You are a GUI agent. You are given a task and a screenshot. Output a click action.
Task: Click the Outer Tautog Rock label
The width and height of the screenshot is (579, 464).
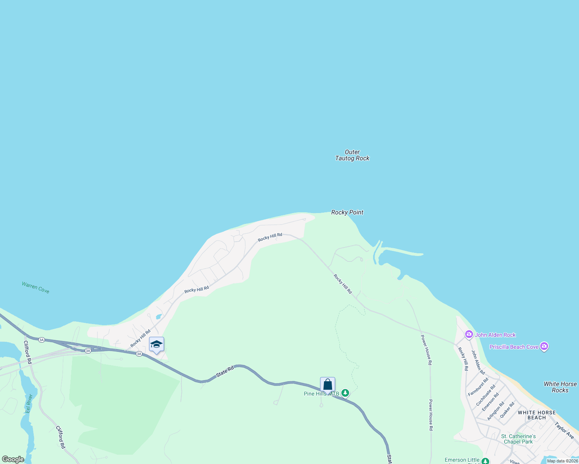[352, 155]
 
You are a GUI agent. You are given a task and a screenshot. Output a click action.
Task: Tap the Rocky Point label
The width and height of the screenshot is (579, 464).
[347, 212]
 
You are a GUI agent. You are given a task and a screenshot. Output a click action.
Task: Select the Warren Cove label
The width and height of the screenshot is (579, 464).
[36, 288]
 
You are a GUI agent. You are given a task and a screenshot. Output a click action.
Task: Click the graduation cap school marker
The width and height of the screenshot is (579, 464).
[156, 344]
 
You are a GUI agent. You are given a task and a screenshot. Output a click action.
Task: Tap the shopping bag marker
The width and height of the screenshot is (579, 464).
[327, 385]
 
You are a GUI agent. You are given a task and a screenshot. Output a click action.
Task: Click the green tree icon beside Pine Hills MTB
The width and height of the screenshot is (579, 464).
[345, 393]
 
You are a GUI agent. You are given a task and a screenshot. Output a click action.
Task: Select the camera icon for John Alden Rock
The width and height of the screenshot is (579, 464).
[469, 334]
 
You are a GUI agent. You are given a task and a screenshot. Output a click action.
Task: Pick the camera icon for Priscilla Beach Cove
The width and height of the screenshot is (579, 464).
[544, 346]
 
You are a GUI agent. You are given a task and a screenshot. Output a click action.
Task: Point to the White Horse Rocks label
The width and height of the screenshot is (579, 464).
[560, 387]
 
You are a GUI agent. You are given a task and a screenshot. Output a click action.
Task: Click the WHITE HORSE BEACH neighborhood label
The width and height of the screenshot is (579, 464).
[536, 415]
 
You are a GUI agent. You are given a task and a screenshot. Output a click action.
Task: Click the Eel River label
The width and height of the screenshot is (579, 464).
[28, 404]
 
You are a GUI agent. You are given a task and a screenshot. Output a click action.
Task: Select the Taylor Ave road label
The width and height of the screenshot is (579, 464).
[564, 430]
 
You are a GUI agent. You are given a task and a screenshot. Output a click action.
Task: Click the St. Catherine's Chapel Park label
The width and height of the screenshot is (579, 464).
[518, 439]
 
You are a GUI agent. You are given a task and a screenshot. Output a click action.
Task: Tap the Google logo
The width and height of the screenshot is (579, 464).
[13, 459]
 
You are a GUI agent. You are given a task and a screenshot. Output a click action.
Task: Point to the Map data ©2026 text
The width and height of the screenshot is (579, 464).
[562, 461]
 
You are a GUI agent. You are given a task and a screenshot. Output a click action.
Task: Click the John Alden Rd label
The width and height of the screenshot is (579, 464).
[478, 362]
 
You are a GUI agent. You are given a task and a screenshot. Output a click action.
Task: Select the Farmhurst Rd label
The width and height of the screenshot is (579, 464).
[478, 387]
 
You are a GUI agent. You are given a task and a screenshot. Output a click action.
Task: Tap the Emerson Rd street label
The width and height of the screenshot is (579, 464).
[490, 402]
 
